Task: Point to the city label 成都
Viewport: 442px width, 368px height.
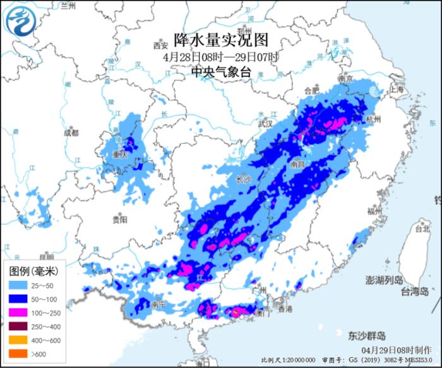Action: [x=71, y=133]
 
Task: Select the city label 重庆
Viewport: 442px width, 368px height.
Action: [x=120, y=154]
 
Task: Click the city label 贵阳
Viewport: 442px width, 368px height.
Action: [x=119, y=219]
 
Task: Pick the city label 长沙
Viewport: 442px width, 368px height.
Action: [x=243, y=180]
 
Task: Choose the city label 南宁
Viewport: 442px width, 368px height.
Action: [x=159, y=304]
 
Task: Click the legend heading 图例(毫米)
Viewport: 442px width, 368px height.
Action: [x=34, y=271]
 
